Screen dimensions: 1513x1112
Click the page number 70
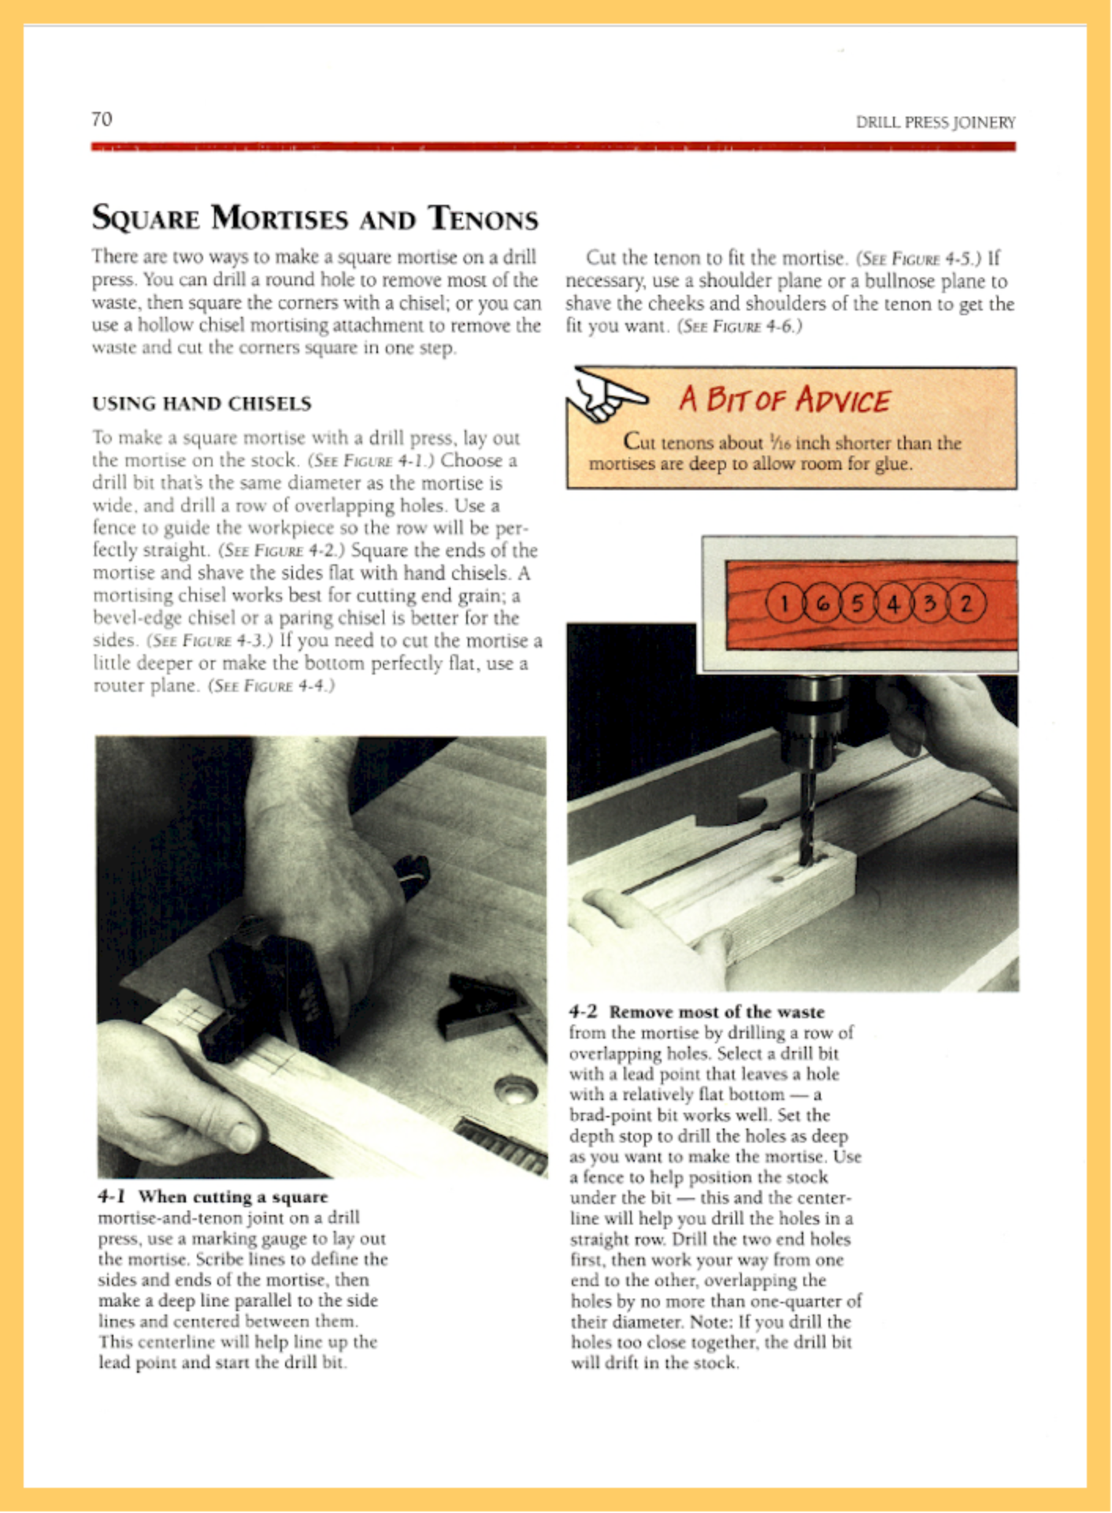point(102,119)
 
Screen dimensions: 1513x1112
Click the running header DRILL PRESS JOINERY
point(936,122)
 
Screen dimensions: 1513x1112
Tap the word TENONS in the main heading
point(484,218)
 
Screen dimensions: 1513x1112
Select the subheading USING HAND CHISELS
point(202,403)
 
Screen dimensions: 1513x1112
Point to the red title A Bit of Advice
point(784,400)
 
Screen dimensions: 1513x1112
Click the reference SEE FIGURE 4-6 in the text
point(739,326)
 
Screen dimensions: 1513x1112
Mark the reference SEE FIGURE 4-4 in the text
point(272,686)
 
